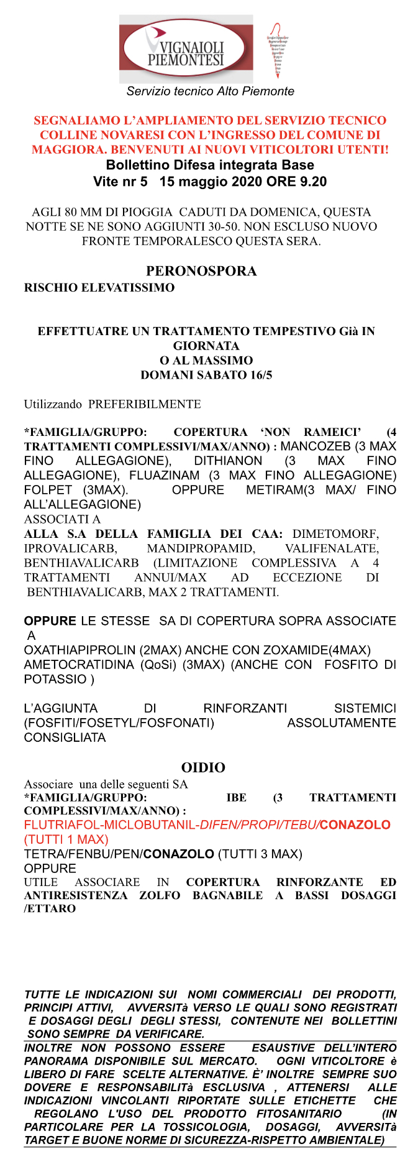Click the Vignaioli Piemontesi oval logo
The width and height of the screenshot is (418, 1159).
point(186,49)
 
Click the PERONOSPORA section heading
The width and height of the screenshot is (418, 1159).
point(201,271)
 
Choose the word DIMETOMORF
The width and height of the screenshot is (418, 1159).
point(335,533)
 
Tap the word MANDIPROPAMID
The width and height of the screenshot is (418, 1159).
point(201,548)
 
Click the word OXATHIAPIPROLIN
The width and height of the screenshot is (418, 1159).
point(78,650)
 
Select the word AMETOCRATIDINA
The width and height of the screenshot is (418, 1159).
point(79,665)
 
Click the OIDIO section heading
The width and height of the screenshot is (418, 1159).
point(203,767)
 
